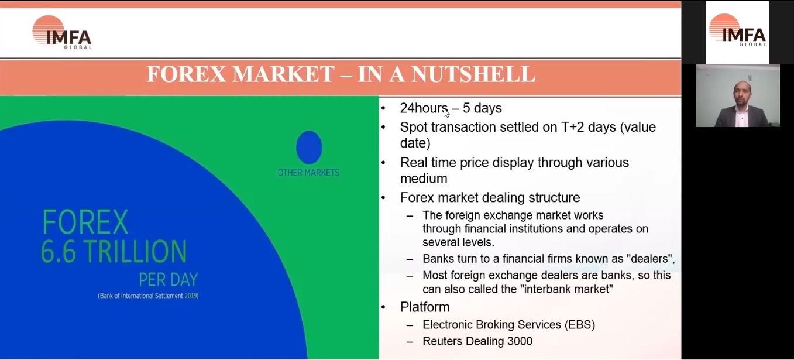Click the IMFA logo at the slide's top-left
pyautogui.click(x=62, y=33)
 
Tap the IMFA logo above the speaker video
pyautogui.click(x=738, y=30)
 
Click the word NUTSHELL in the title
pyautogui.click(x=473, y=74)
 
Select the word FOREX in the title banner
pyautogui.click(x=187, y=74)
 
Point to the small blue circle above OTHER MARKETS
pyautogui.click(x=309, y=147)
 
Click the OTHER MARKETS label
pyautogui.click(x=308, y=173)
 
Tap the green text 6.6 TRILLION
pyautogui.click(x=114, y=251)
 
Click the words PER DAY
pyautogui.click(x=169, y=280)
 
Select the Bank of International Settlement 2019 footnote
pyautogui.click(x=148, y=296)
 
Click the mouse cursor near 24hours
pyautogui.click(x=446, y=113)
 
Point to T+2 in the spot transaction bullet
pyautogui.click(x=572, y=127)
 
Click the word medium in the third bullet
pyautogui.click(x=424, y=179)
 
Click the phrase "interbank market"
pyautogui.click(x=566, y=289)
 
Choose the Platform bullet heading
pyautogui.click(x=425, y=307)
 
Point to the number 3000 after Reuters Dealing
pyautogui.click(x=520, y=341)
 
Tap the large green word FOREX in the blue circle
pyautogui.click(x=85, y=222)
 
